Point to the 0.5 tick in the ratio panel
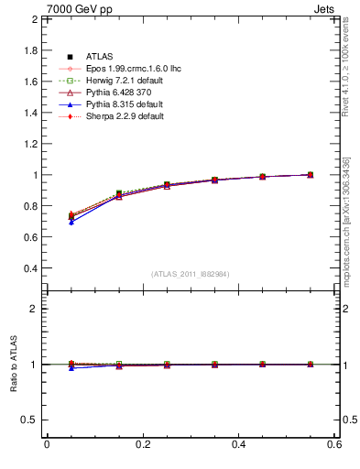click(x=30, y=420)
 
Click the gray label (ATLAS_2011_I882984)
click(x=191, y=274)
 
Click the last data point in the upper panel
click(x=311, y=174)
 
